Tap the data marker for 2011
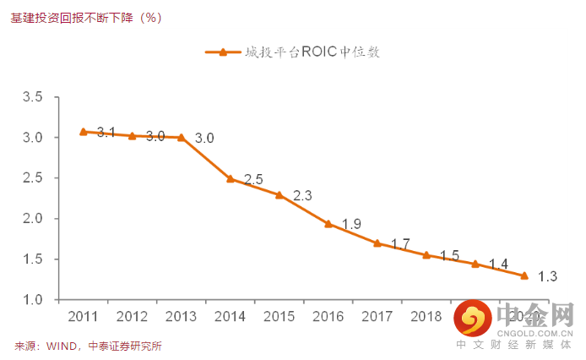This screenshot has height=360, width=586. [x=83, y=132]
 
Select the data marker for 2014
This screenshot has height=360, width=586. [x=230, y=178]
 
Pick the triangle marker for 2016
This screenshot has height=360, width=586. [x=328, y=224]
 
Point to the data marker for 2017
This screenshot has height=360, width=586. [x=377, y=243]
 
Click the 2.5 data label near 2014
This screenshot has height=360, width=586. [x=253, y=179]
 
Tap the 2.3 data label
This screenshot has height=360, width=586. [x=302, y=196]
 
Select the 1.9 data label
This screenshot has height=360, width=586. [x=352, y=224]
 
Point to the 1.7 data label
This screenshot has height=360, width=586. [x=400, y=244]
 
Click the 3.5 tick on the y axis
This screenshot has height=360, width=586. [x=33, y=97]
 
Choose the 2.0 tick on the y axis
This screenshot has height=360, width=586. [x=33, y=219]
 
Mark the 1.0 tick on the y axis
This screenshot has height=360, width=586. [x=33, y=300]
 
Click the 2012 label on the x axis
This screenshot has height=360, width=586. [x=133, y=317]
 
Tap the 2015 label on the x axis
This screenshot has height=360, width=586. [x=279, y=317]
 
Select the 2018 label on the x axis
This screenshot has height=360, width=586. [x=426, y=317]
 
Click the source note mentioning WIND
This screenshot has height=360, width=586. [x=88, y=346]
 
